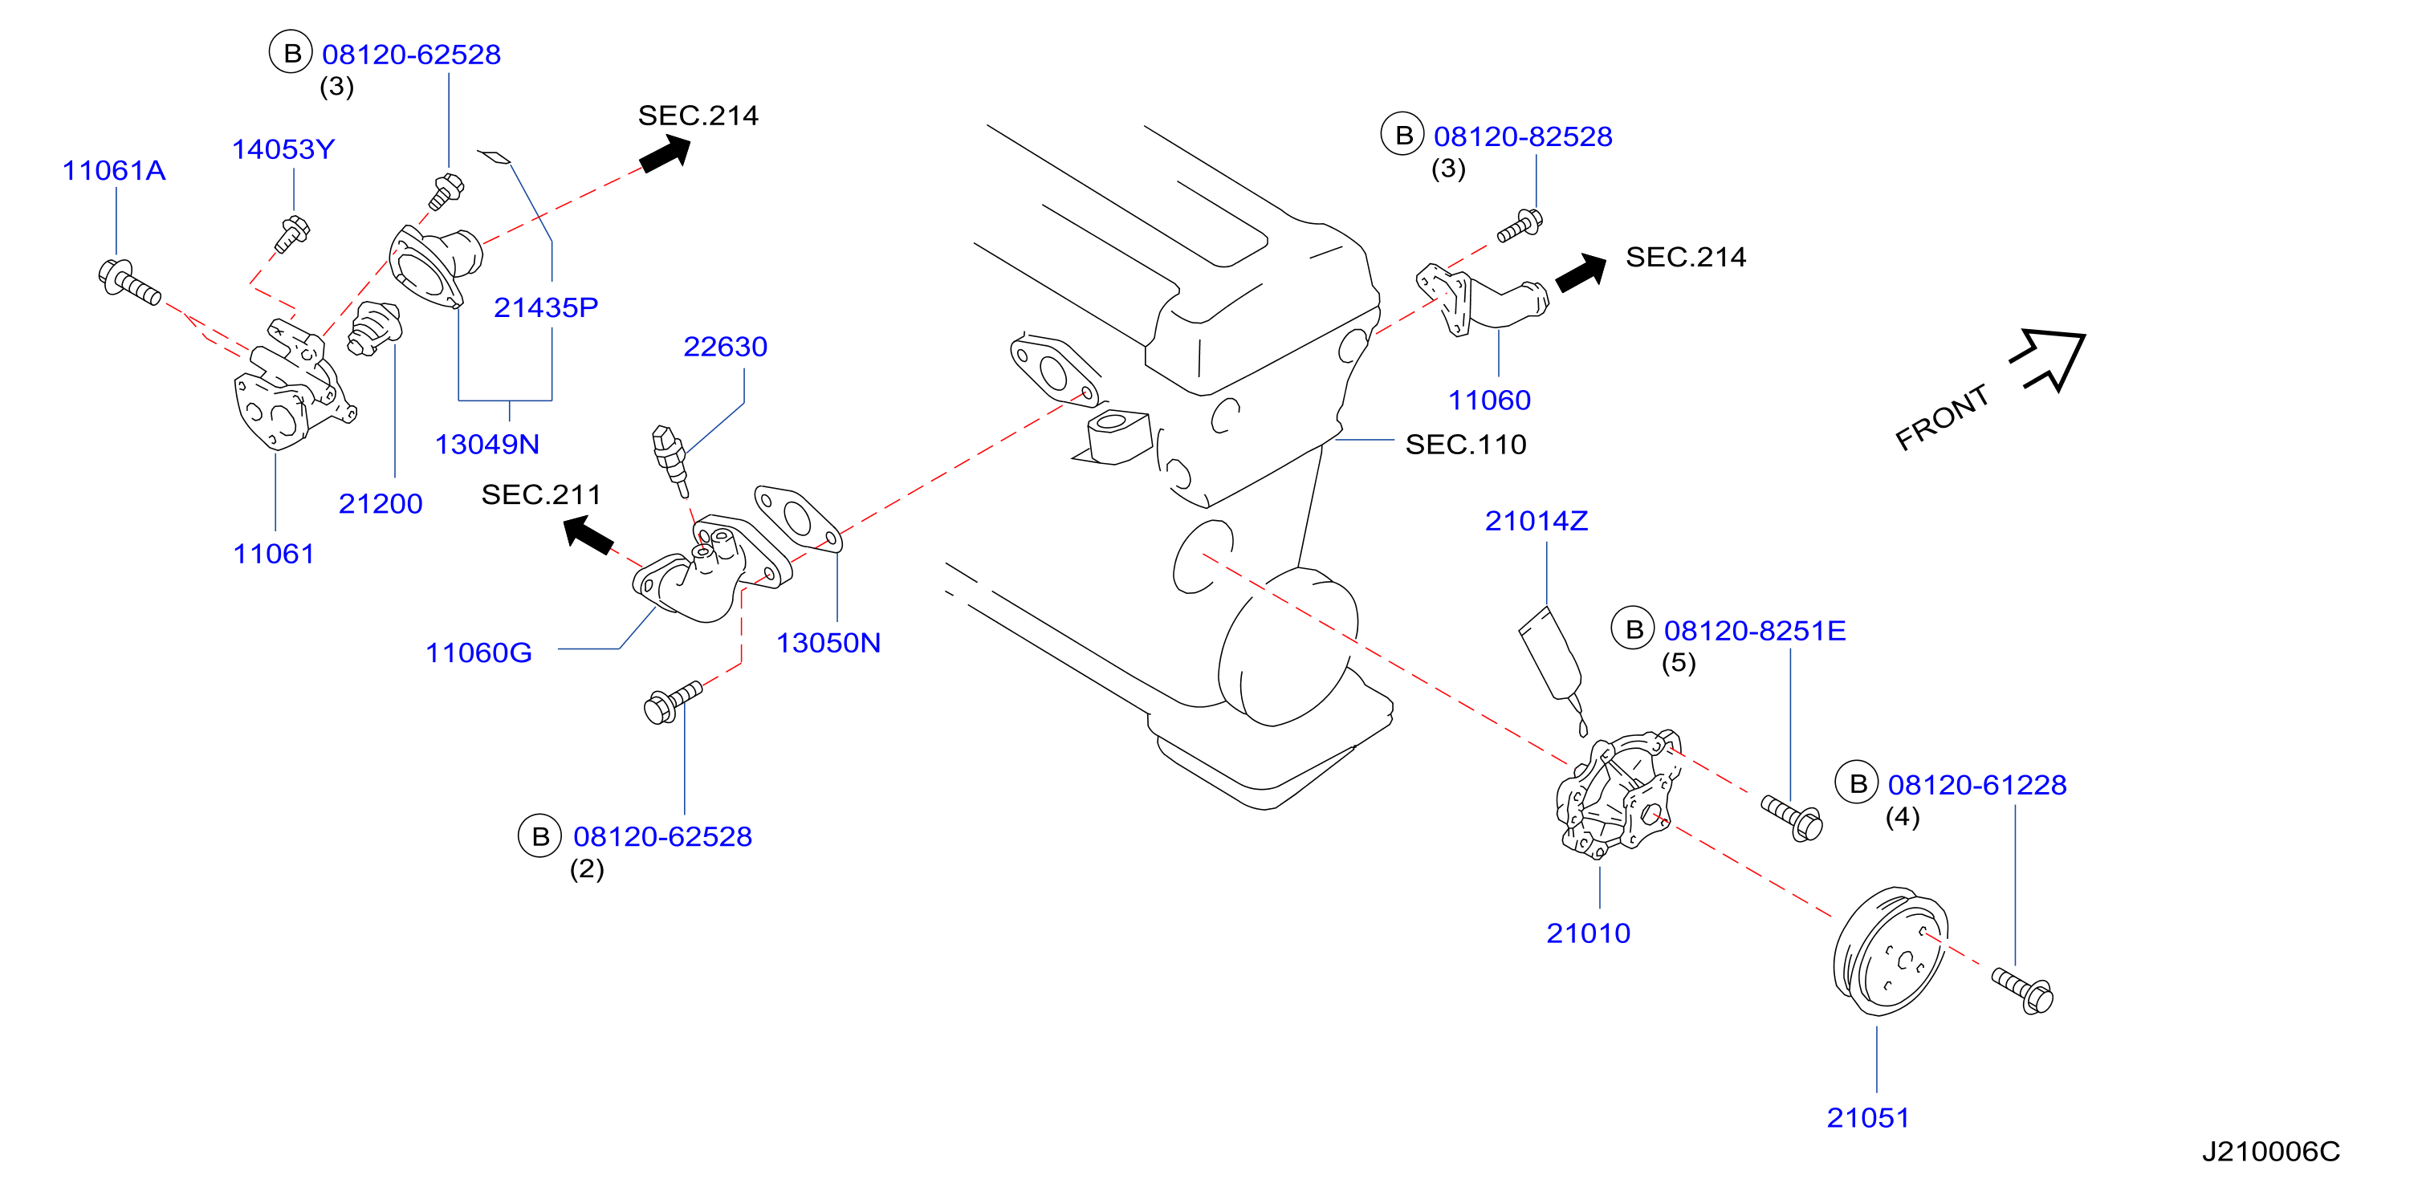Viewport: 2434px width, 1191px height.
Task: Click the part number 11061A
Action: coord(113,170)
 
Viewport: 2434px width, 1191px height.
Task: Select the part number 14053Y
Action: coord(283,149)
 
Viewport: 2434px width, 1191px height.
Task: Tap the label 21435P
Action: coord(546,307)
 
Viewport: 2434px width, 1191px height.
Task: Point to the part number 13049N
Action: coord(486,444)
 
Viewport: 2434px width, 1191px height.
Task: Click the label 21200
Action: coord(381,503)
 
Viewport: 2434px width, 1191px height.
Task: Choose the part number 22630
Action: coord(726,347)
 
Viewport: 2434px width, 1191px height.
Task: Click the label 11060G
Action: coord(479,652)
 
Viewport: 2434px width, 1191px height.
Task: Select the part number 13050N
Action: coord(828,643)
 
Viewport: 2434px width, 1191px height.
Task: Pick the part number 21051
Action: coord(1868,1117)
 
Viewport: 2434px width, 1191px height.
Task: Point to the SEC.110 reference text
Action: coord(1466,444)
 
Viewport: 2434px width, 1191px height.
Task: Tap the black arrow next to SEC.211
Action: coord(588,535)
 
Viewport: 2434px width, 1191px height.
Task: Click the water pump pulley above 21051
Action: coord(1890,951)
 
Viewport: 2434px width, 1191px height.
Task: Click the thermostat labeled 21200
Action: coord(374,329)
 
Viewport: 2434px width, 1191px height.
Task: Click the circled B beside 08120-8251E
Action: coord(1633,629)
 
